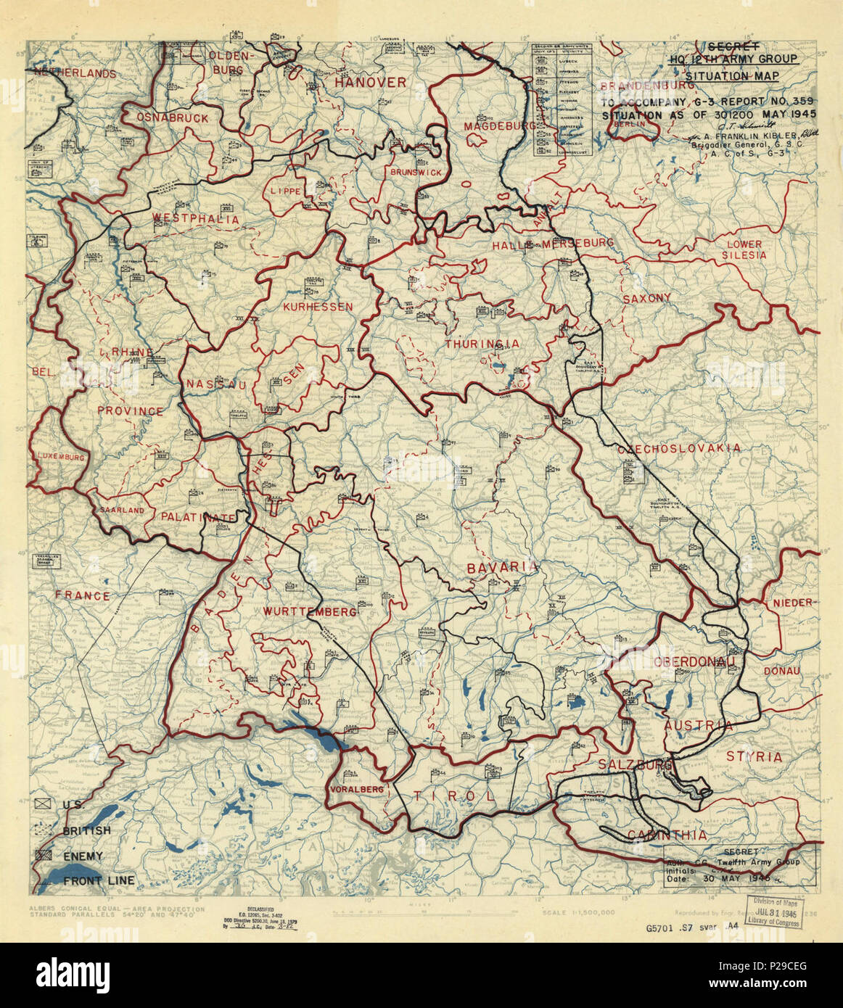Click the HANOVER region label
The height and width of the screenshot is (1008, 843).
[370, 83]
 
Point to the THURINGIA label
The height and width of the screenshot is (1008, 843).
[482, 344]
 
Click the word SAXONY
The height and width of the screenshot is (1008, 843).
[646, 298]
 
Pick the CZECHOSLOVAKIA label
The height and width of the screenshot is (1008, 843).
[680, 448]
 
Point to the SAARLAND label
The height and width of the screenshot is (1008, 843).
[123, 510]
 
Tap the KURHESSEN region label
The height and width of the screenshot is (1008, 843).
[318, 307]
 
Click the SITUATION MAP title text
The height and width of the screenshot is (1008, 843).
[732, 75]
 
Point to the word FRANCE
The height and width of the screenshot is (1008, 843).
[83, 596]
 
